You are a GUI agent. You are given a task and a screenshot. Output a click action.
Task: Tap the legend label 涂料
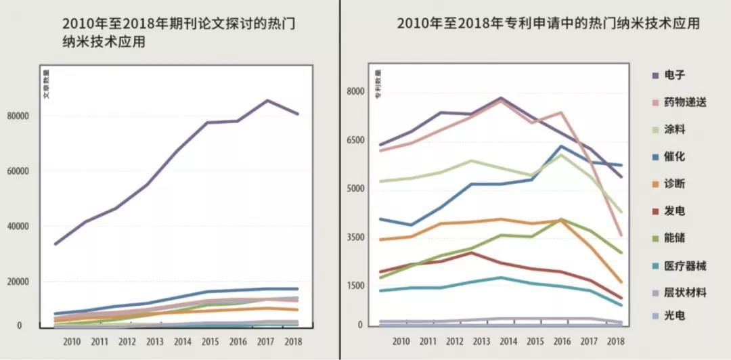coord(675,129)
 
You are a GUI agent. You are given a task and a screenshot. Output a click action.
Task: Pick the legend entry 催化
coord(675,156)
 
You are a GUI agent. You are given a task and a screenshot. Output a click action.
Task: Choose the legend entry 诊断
coord(675,183)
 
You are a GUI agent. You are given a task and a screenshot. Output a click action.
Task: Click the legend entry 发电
coord(675,211)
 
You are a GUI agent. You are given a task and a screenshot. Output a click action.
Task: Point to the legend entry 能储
coord(675,238)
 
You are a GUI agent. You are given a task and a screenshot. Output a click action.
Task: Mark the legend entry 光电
coord(675,316)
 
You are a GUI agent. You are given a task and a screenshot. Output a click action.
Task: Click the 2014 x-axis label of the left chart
coord(183,341)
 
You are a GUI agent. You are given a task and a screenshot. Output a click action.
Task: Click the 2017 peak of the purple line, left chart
coord(267,101)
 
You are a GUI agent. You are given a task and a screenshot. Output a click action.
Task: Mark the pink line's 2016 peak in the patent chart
coord(560,113)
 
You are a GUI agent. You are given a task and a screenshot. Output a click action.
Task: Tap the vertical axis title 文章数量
coord(47,84)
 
